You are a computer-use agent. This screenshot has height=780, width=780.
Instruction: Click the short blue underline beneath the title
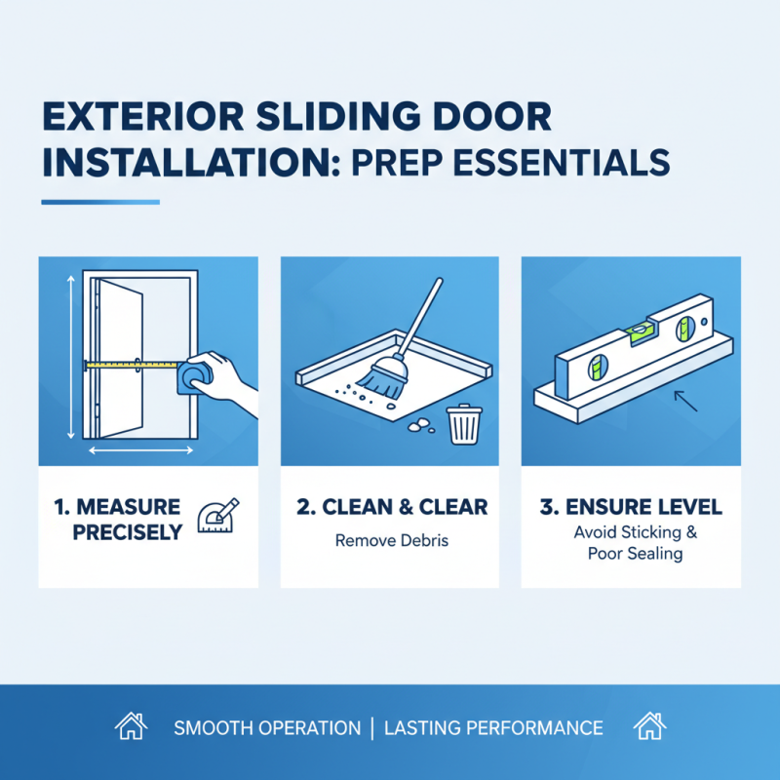[100, 202]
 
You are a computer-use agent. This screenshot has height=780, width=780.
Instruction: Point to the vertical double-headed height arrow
[69, 356]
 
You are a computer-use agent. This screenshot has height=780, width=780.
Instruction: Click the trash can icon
[460, 424]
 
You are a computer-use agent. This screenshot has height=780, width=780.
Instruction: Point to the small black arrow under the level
[685, 400]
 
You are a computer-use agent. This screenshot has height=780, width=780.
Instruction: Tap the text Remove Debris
[391, 539]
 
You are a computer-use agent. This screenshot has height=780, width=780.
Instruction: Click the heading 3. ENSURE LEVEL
[630, 507]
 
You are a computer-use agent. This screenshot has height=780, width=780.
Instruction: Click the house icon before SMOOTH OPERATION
[131, 726]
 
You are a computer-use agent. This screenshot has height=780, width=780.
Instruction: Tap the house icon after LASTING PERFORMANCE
[647, 726]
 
